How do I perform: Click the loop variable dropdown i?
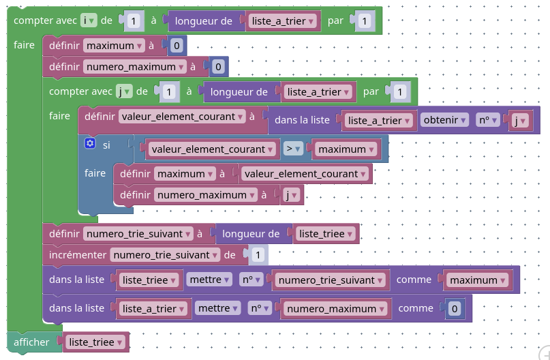pyautogui.click(x=87, y=21)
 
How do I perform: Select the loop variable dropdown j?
pyautogui.click(x=123, y=91)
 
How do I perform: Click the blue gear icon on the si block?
pyautogui.click(x=89, y=144)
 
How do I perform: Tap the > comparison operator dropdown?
pyautogui.click(x=293, y=149)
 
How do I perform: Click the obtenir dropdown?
pyautogui.click(x=444, y=120)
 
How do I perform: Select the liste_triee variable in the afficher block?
pyautogui.click(x=95, y=342)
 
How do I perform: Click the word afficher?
pyautogui.click(x=32, y=342)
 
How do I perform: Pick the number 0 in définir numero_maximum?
pyautogui.click(x=217, y=67)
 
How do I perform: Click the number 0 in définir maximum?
pyautogui.click(x=177, y=46)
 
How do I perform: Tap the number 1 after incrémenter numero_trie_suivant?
pyautogui.click(x=257, y=255)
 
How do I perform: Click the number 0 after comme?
pyautogui.click(x=455, y=309)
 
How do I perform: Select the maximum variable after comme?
pyautogui.click(x=476, y=280)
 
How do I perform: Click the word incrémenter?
pyautogui.click(x=78, y=255)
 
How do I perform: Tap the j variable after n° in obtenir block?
pyautogui.click(x=520, y=121)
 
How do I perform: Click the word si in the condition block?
pyautogui.click(x=106, y=145)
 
